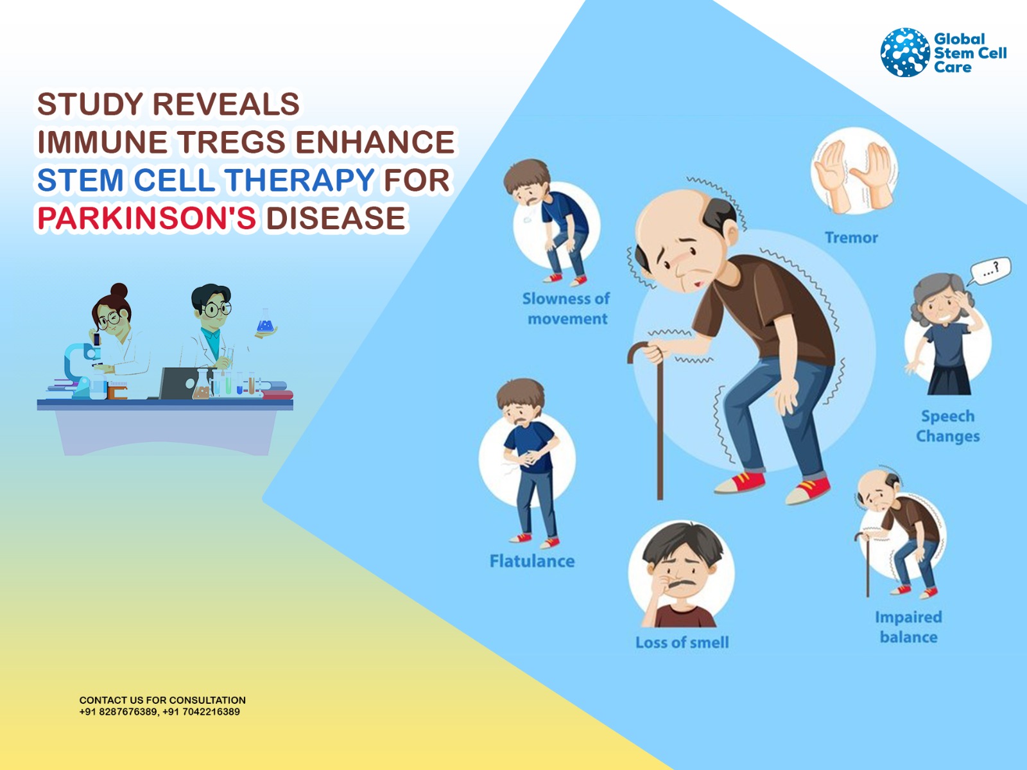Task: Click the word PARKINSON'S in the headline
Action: point(147,218)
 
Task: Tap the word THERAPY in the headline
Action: point(300,180)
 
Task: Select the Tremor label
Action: point(851,238)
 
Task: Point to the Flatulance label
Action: point(532,561)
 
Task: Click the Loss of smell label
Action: point(682,642)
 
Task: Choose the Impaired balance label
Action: point(909,627)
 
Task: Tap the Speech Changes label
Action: point(947,426)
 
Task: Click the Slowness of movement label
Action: point(566,308)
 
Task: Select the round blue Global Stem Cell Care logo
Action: point(904,52)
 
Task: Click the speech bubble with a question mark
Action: point(990,270)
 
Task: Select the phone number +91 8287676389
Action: point(119,712)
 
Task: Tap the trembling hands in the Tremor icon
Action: point(854,176)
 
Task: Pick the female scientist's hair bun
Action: point(119,291)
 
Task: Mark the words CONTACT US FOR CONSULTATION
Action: point(162,700)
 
